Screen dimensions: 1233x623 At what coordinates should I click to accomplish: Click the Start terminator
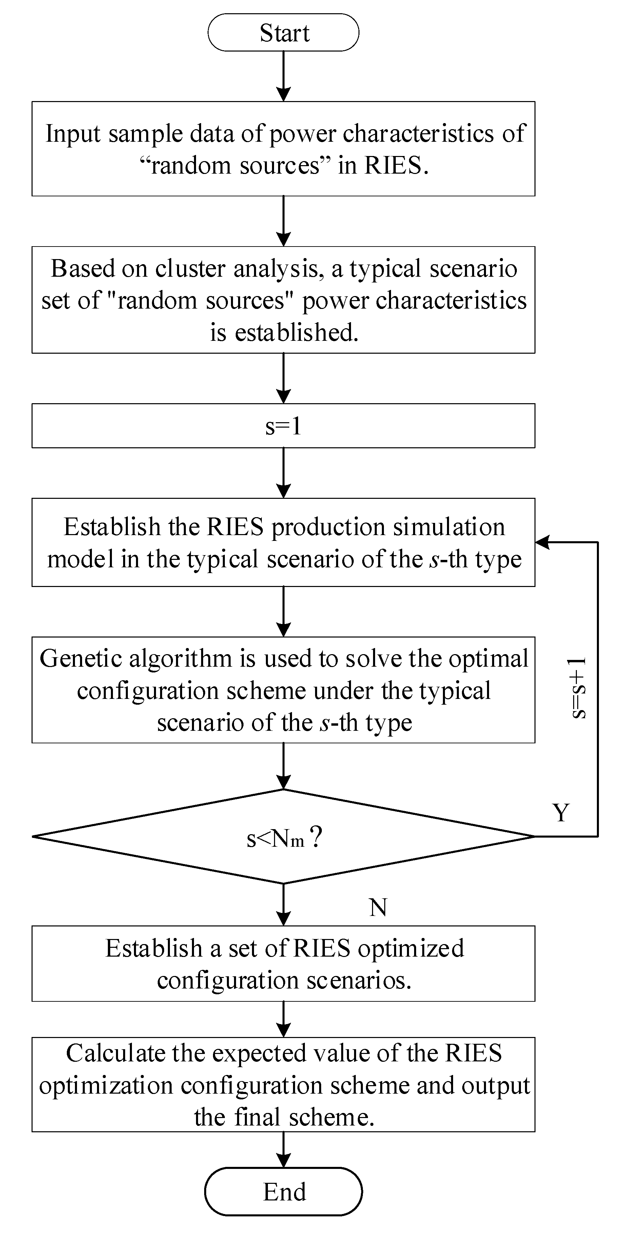284,33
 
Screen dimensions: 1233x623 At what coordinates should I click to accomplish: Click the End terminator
284,1192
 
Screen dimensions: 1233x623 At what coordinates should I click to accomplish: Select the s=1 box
284,426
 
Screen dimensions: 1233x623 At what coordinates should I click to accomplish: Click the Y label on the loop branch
561,812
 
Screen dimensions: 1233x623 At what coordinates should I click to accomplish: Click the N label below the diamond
378,907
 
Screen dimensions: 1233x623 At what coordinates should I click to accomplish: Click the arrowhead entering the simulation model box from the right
541,542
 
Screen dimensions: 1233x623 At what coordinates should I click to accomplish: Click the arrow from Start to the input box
284,77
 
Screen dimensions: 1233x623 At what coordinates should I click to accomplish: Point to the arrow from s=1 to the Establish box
284,473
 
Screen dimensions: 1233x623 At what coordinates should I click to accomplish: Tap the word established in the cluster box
296,332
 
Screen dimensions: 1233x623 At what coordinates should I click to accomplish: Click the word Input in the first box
73,134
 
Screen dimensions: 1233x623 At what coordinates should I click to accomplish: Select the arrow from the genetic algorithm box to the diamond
284,766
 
